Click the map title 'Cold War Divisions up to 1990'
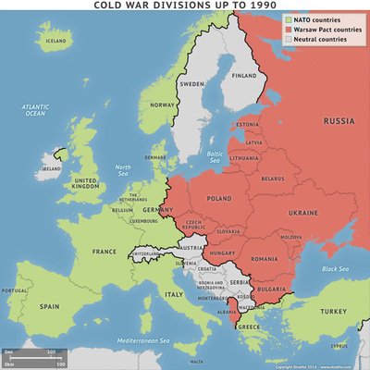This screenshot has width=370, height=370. [x=185, y=6]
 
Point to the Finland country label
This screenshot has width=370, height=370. [x=244, y=76]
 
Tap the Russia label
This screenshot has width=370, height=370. [x=338, y=119]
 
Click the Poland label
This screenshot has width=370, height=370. [x=220, y=197]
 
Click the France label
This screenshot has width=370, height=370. [x=104, y=251]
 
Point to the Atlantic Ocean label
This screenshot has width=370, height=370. [x=34, y=111]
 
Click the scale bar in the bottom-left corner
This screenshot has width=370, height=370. [x=33, y=357]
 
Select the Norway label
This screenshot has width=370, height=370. [x=163, y=105]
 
